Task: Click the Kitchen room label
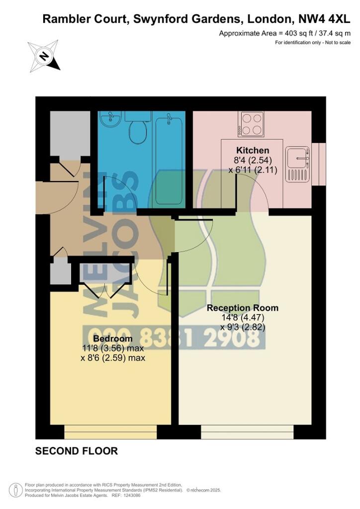pos(253,150)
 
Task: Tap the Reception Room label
pos(243,308)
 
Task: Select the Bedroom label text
pos(113,339)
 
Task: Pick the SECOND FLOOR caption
pos(76,451)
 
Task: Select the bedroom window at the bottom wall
pos(110,432)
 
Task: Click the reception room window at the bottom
pos(247,432)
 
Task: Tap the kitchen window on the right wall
pos(318,164)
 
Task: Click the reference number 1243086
pos(130,496)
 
